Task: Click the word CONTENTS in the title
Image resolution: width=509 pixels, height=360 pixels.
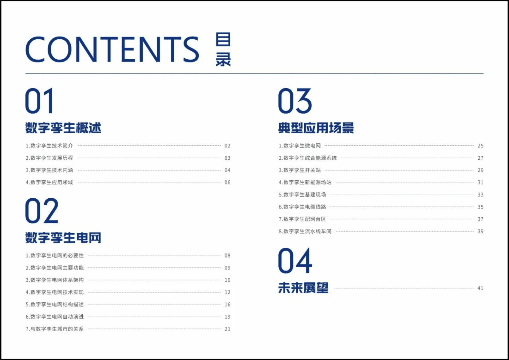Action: tap(112, 49)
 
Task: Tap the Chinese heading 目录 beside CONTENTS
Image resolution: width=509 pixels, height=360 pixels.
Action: tap(223, 49)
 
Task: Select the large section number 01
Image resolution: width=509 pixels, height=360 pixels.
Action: tap(39, 101)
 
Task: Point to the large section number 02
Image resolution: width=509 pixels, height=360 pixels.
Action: tap(42, 211)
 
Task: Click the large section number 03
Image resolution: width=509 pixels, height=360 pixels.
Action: tap(295, 101)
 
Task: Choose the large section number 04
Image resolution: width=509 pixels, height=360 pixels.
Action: tap(295, 261)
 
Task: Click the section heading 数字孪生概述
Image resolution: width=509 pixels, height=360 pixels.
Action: tap(63, 128)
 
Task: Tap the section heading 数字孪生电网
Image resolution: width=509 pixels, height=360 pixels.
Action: tap(63, 238)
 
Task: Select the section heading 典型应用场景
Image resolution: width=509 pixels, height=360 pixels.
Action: tap(316, 128)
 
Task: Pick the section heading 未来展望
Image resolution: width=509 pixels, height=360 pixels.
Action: tap(303, 288)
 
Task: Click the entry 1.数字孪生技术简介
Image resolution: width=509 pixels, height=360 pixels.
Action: tap(49, 146)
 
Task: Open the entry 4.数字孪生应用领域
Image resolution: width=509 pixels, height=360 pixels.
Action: tap(49, 182)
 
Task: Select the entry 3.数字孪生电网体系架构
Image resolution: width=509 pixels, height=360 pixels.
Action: tap(55, 280)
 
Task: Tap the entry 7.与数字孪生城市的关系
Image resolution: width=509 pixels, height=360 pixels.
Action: tap(55, 329)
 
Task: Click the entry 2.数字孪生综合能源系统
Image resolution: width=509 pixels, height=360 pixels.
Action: tap(308, 158)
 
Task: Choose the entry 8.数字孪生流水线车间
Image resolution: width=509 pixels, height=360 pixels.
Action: tap(305, 231)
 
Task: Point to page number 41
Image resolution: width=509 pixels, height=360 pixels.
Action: tap(480, 288)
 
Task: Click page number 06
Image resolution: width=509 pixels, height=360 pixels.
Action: tap(227, 182)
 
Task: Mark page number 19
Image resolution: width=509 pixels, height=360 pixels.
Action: tap(227, 316)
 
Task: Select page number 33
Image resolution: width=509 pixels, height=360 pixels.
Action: tap(480, 194)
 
